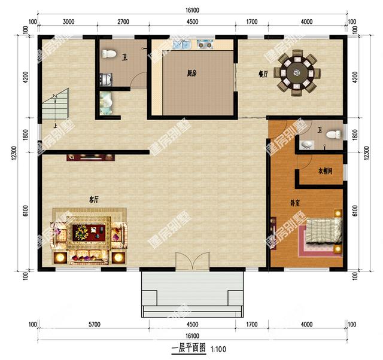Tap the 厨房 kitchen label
tap(191, 74)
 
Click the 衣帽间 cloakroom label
tap(325, 172)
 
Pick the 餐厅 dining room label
tap(263, 74)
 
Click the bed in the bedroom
tap(324, 234)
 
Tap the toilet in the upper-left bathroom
tap(109, 55)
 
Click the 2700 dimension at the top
tap(123, 22)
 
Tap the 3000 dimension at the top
tap(68, 22)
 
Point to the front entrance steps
tap(193, 293)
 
